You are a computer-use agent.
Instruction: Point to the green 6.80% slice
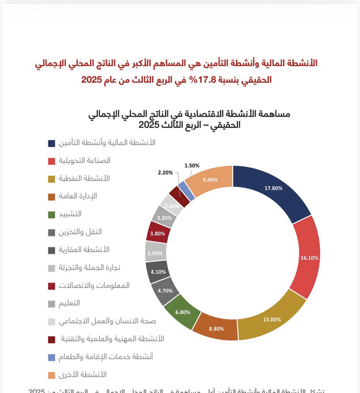(183, 312)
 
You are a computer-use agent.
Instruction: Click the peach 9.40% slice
(210, 179)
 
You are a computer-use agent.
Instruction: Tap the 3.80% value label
(158, 233)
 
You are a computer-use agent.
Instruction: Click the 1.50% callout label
(192, 165)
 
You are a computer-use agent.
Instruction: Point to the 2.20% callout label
(165, 173)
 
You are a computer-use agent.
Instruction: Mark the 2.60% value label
(173, 206)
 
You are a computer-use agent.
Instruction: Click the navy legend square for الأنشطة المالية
(51, 143)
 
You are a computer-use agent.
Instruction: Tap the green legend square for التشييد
(51, 214)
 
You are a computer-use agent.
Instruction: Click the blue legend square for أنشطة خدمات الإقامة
(51, 357)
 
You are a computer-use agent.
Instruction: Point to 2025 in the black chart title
(148, 125)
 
